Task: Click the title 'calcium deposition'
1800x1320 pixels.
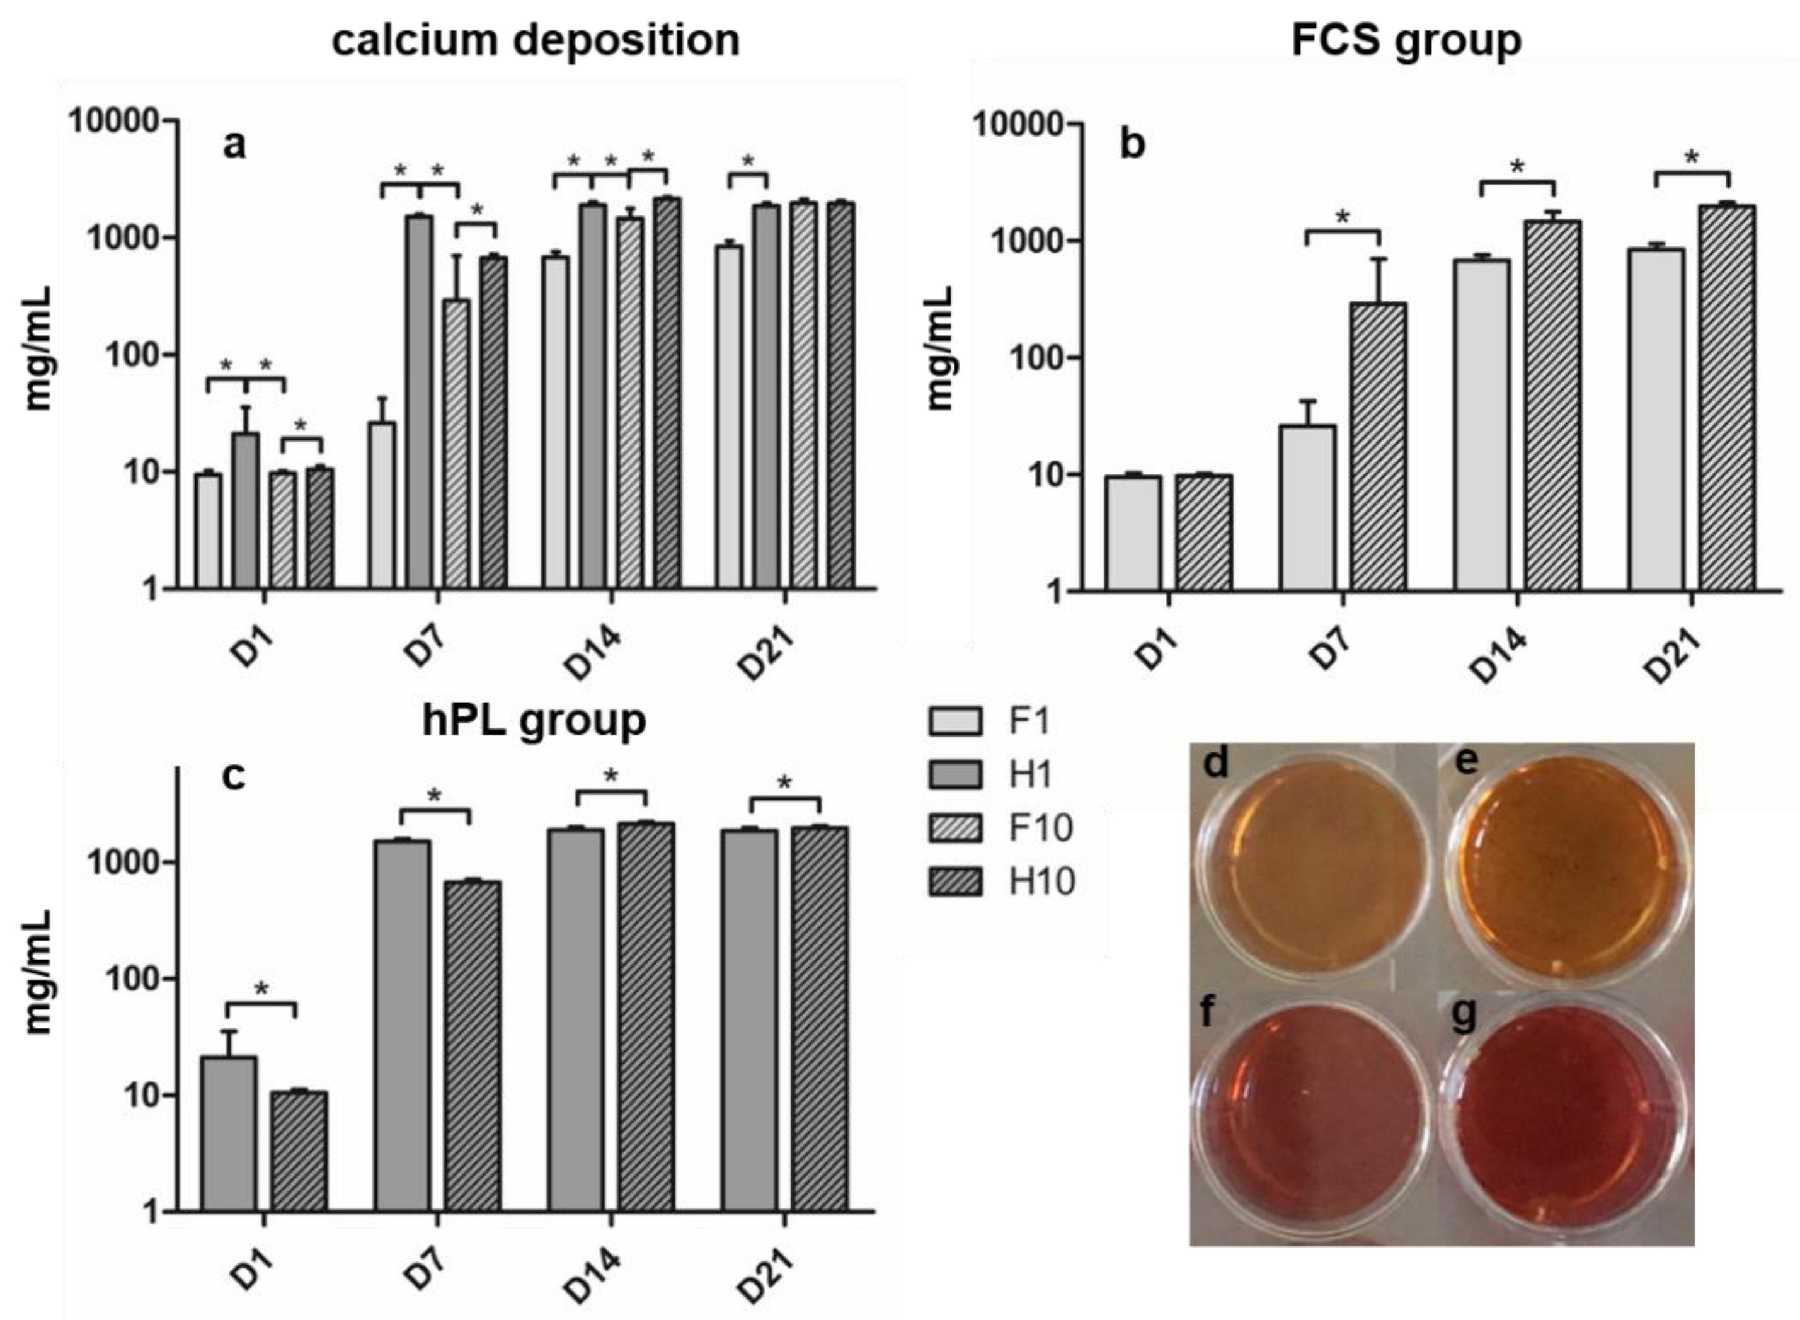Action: [x=536, y=40]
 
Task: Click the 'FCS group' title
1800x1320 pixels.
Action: [x=1406, y=40]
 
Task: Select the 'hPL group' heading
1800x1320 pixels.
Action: [x=534, y=720]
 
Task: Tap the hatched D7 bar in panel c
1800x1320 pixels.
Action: [x=472, y=1047]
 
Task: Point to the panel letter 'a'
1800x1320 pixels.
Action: [x=234, y=146]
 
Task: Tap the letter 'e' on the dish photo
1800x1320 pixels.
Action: [x=1466, y=762]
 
